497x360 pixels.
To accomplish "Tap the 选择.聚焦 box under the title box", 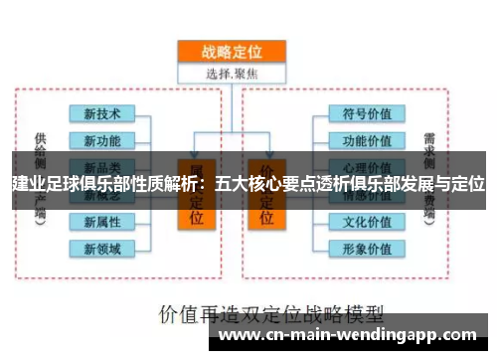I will tap(231, 73).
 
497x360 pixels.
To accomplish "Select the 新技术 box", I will tap(102, 113).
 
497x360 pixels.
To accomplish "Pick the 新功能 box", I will tap(102, 139).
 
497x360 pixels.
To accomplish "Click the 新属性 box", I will tap(102, 221).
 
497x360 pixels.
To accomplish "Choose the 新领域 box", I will tap(102, 248).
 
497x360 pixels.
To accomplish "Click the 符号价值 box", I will tap(367, 113).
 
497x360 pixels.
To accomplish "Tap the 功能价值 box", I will tap(367, 139).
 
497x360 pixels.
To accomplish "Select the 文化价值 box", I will tap(367, 221).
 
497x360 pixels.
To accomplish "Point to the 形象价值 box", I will tap(367, 248).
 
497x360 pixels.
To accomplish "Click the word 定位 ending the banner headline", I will tap(468, 184).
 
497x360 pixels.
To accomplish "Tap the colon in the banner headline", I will tap(205, 184).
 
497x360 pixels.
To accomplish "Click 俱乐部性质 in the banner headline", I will tap(125, 184).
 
